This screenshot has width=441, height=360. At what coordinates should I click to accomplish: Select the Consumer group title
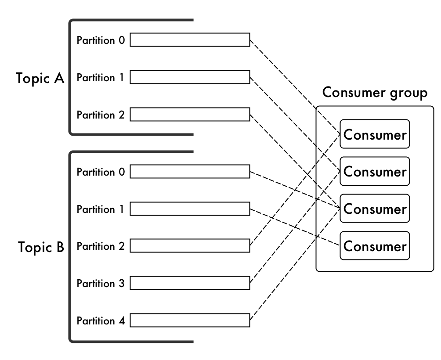[375, 93]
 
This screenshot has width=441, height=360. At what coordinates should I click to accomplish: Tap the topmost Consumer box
[375, 134]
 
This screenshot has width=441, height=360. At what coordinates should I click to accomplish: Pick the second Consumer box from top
[375, 171]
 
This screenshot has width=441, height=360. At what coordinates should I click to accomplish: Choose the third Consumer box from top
[375, 209]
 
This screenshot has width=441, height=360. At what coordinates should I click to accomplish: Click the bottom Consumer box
[375, 246]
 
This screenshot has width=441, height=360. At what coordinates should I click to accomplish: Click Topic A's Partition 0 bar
[190, 40]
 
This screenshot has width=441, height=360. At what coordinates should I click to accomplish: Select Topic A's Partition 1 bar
[190, 77]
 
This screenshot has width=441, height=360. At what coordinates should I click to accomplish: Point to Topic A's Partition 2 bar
[190, 115]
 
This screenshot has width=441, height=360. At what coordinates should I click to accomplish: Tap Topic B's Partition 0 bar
[190, 172]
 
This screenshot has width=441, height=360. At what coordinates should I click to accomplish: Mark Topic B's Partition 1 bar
[190, 209]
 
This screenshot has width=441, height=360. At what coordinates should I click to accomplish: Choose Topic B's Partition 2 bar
[190, 246]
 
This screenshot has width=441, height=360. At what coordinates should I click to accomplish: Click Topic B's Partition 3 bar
[190, 284]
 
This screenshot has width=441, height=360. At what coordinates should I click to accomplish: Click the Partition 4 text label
[101, 321]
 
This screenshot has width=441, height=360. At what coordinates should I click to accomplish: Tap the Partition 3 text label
[101, 284]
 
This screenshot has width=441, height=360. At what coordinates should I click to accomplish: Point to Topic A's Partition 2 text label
[101, 115]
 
